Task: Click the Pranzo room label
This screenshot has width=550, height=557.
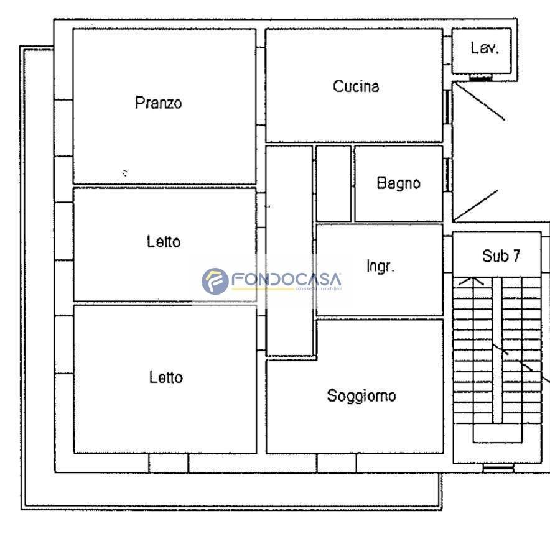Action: [158, 103]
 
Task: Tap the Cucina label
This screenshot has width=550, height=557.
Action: [356, 86]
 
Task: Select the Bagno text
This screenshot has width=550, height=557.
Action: [399, 183]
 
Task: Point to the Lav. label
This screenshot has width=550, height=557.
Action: [485, 48]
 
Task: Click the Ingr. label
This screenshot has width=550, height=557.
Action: [380, 266]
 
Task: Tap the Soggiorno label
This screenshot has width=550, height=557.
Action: [361, 396]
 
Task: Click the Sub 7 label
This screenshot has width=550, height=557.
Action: [501, 255]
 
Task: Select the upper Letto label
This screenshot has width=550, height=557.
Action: [164, 242]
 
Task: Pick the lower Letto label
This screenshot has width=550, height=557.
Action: [166, 377]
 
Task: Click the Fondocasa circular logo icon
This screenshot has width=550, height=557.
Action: [215, 281]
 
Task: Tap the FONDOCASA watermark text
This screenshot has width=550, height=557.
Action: [286, 279]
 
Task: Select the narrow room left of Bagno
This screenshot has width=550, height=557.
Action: [333, 183]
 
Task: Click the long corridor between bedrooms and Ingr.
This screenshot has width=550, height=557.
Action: [289, 251]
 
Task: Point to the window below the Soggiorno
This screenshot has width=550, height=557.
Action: [337, 463]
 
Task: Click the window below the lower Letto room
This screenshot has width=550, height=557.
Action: [168, 463]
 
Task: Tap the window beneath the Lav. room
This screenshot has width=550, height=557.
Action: [481, 77]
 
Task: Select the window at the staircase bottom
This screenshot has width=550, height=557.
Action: [498, 468]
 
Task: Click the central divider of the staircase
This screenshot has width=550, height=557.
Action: [497, 350]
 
